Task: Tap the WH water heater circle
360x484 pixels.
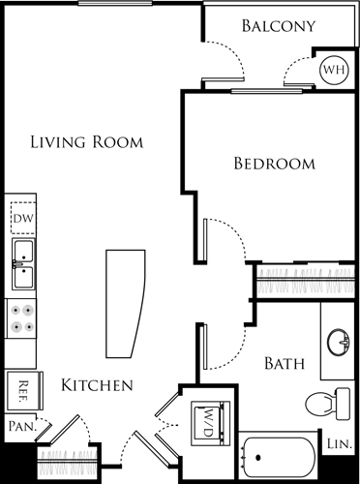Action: [x=333, y=70]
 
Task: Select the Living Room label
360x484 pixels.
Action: [x=86, y=142]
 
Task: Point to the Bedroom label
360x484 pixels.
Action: [x=275, y=164]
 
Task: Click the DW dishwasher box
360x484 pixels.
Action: [x=22, y=219]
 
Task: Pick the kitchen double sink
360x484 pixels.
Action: [x=22, y=264]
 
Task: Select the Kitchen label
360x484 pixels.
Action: [x=97, y=385]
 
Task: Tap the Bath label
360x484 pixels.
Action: [x=285, y=365]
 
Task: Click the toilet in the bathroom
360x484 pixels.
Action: [x=323, y=402]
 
